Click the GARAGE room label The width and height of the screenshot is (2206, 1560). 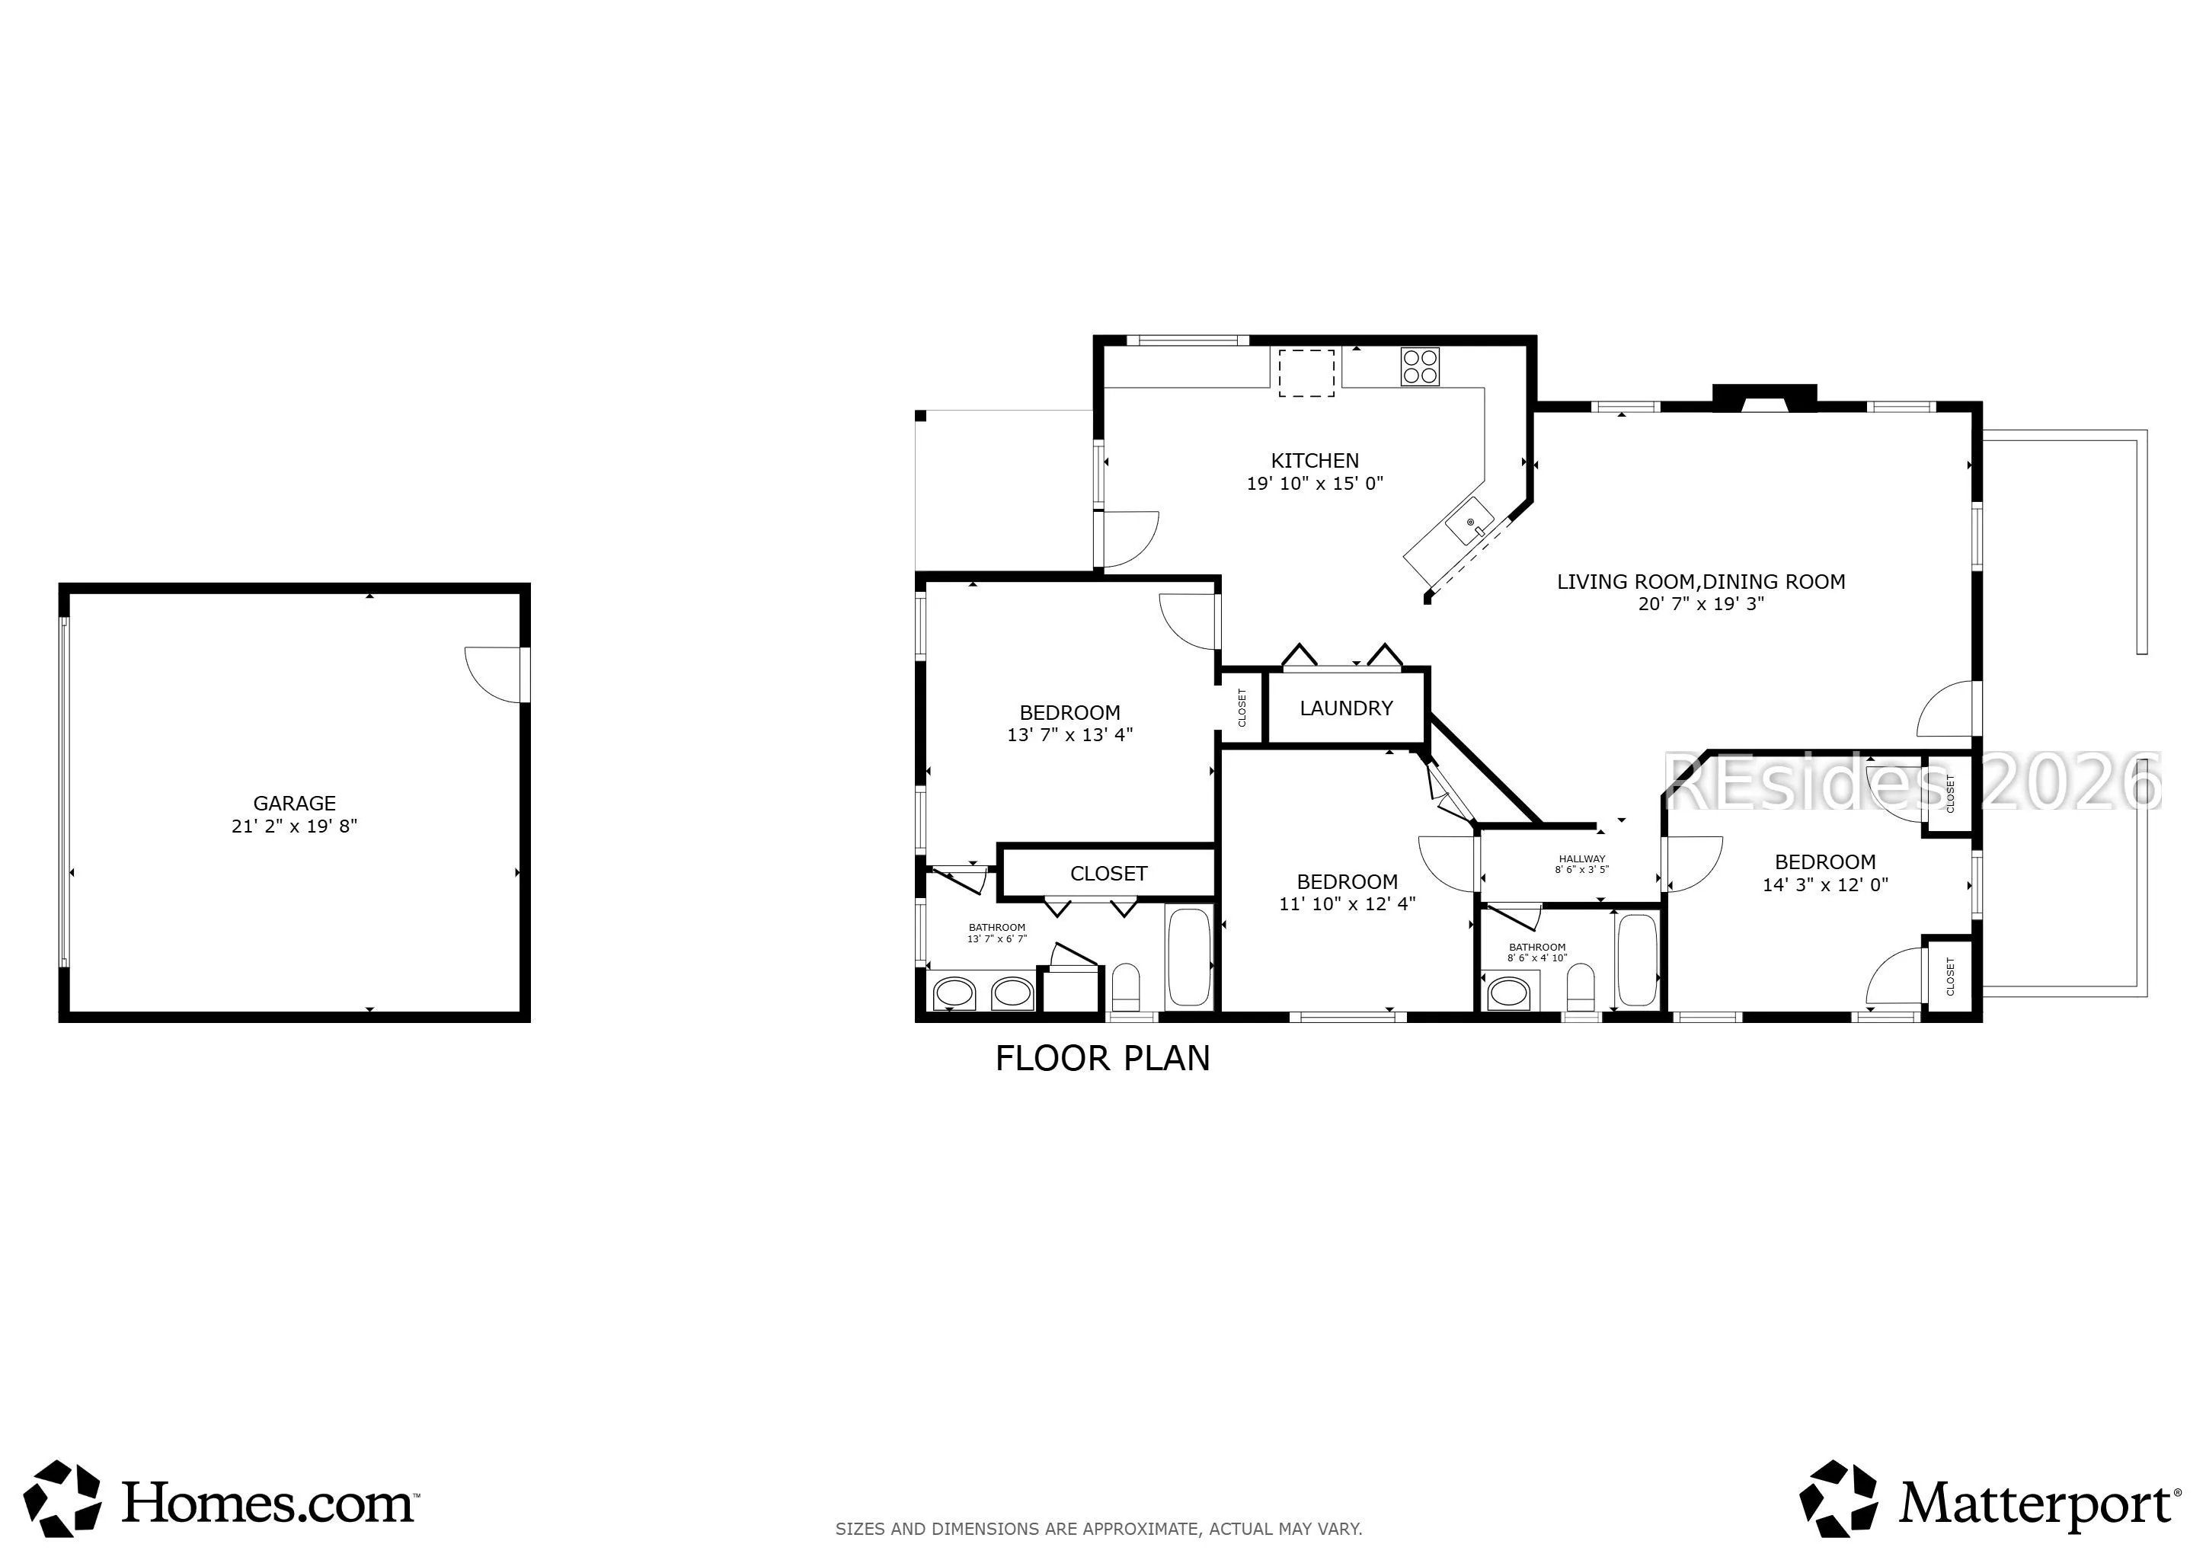[294, 803]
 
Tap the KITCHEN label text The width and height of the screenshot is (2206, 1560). [1314, 461]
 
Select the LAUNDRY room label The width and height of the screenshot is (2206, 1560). [1346, 708]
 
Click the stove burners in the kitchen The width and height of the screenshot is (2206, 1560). [1420, 366]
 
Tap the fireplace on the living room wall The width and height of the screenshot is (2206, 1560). [1764, 398]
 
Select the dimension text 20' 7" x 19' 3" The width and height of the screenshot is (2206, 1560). [1701, 604]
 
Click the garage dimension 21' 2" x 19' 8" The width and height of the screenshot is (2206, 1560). [294, 826]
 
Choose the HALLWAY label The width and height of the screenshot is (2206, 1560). [1581, 858]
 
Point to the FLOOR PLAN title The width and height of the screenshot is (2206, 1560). [1102, 1059]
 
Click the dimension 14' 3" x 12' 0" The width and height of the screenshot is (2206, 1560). [1824, 884]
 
